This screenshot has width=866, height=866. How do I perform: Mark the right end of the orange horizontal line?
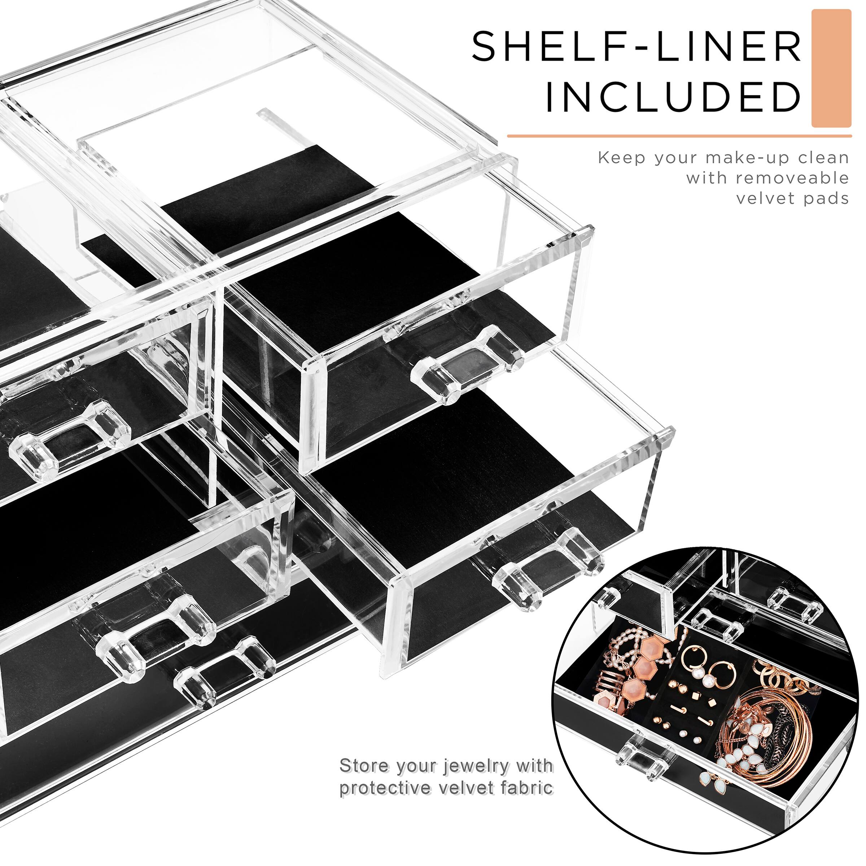(x=851, y=135)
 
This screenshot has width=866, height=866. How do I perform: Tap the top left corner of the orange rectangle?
(x=812, y=9)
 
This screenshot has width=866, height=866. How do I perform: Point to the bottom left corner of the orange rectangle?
(x=812, y=127)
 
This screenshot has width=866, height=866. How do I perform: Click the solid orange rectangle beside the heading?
(x=831, y=68)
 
